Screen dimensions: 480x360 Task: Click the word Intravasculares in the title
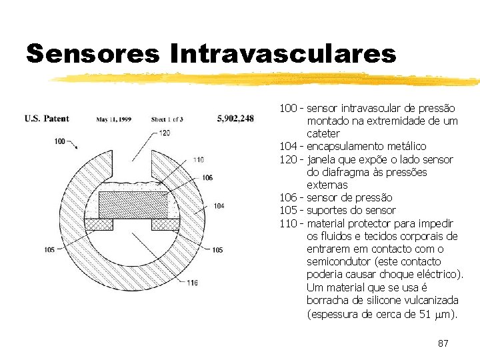(x=283, y=53)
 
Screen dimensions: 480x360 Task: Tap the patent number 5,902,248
(x=235, y=119)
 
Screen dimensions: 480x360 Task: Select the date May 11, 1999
(x=113, y=119)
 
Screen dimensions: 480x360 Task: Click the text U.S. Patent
(x=47, y=119)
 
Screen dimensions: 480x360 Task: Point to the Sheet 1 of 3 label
(x=167, y=119)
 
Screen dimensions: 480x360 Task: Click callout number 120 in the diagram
(x=165, y=133)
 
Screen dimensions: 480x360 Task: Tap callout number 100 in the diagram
(x=59, y=141)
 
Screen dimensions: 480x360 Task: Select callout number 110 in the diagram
(x=198, y=159)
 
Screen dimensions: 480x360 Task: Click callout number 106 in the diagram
(x=207, y=177)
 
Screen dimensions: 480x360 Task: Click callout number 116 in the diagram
(x=192, y=283)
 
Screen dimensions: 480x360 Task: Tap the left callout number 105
(x=49, y=250)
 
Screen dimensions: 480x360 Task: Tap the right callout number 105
(x=217, y=250)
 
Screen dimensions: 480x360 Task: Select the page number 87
(x=443, y=343)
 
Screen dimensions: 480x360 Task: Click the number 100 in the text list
(x=288, y=108)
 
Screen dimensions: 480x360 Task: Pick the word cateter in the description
(x=323, y=133)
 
